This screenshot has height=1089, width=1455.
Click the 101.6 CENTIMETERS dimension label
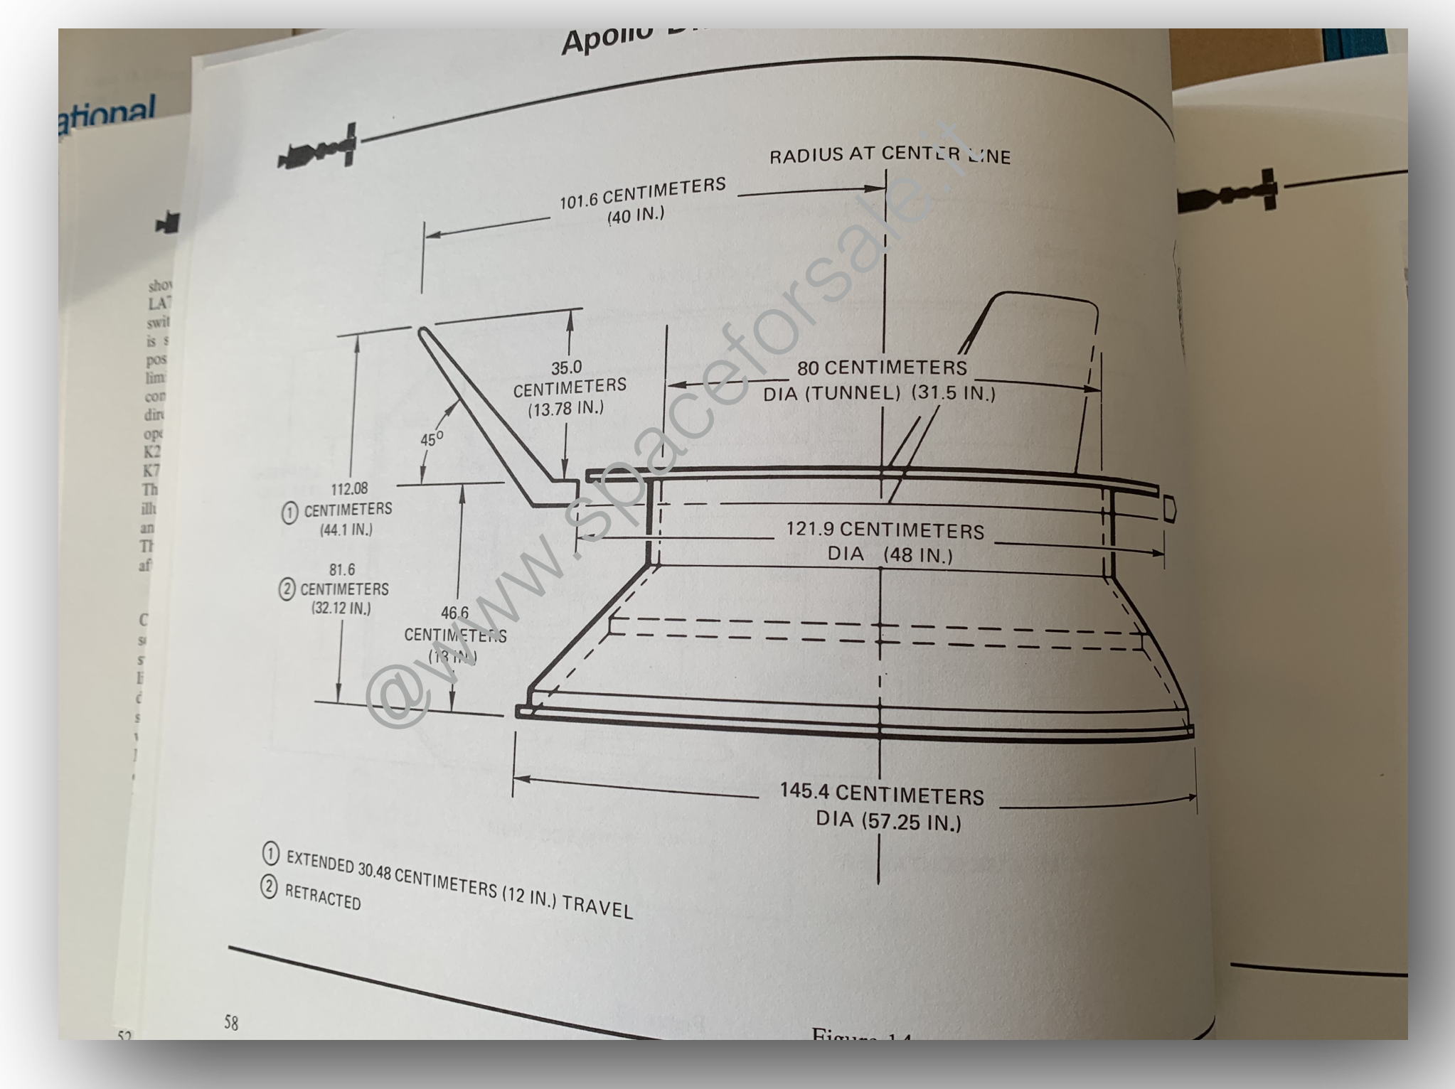pyautogui.click(x=642, y=193)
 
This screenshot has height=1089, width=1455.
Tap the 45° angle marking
pyautogui.click(x=431, y=439)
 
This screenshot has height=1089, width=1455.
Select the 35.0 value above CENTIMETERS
pyautogui.click(x=566, y=368)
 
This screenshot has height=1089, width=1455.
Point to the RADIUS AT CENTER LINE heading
pyautogui.click(x=890, y=155)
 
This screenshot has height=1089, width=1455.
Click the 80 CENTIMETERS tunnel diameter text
pyautogui.click(x=882, y=368)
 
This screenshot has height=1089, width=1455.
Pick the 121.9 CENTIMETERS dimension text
pyautogui.click(x=885, y=530)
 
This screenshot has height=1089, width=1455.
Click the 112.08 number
pyautogui.click(x=349, y=489)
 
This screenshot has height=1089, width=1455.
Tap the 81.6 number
pyautogui.click(x=342, y=570)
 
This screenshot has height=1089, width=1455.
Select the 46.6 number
pyautogui.click(x=455, y=613)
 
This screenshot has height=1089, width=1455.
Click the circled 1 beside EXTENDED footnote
pyautogui.click(x=271, y=854)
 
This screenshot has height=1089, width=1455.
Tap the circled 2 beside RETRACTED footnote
pyautogui.click(x=269, y=888)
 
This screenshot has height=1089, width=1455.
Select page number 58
pyautogui.click(x=231, y=1023)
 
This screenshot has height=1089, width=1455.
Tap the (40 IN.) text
pyautogui.click(x=635, y=215)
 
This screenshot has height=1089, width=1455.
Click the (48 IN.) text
pyautogui.click(x=917, y=555)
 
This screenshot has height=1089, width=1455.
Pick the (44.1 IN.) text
pyautogui.click(x=346, y=530)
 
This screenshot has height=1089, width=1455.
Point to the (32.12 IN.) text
pyautogui.click(x=341, y=608)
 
